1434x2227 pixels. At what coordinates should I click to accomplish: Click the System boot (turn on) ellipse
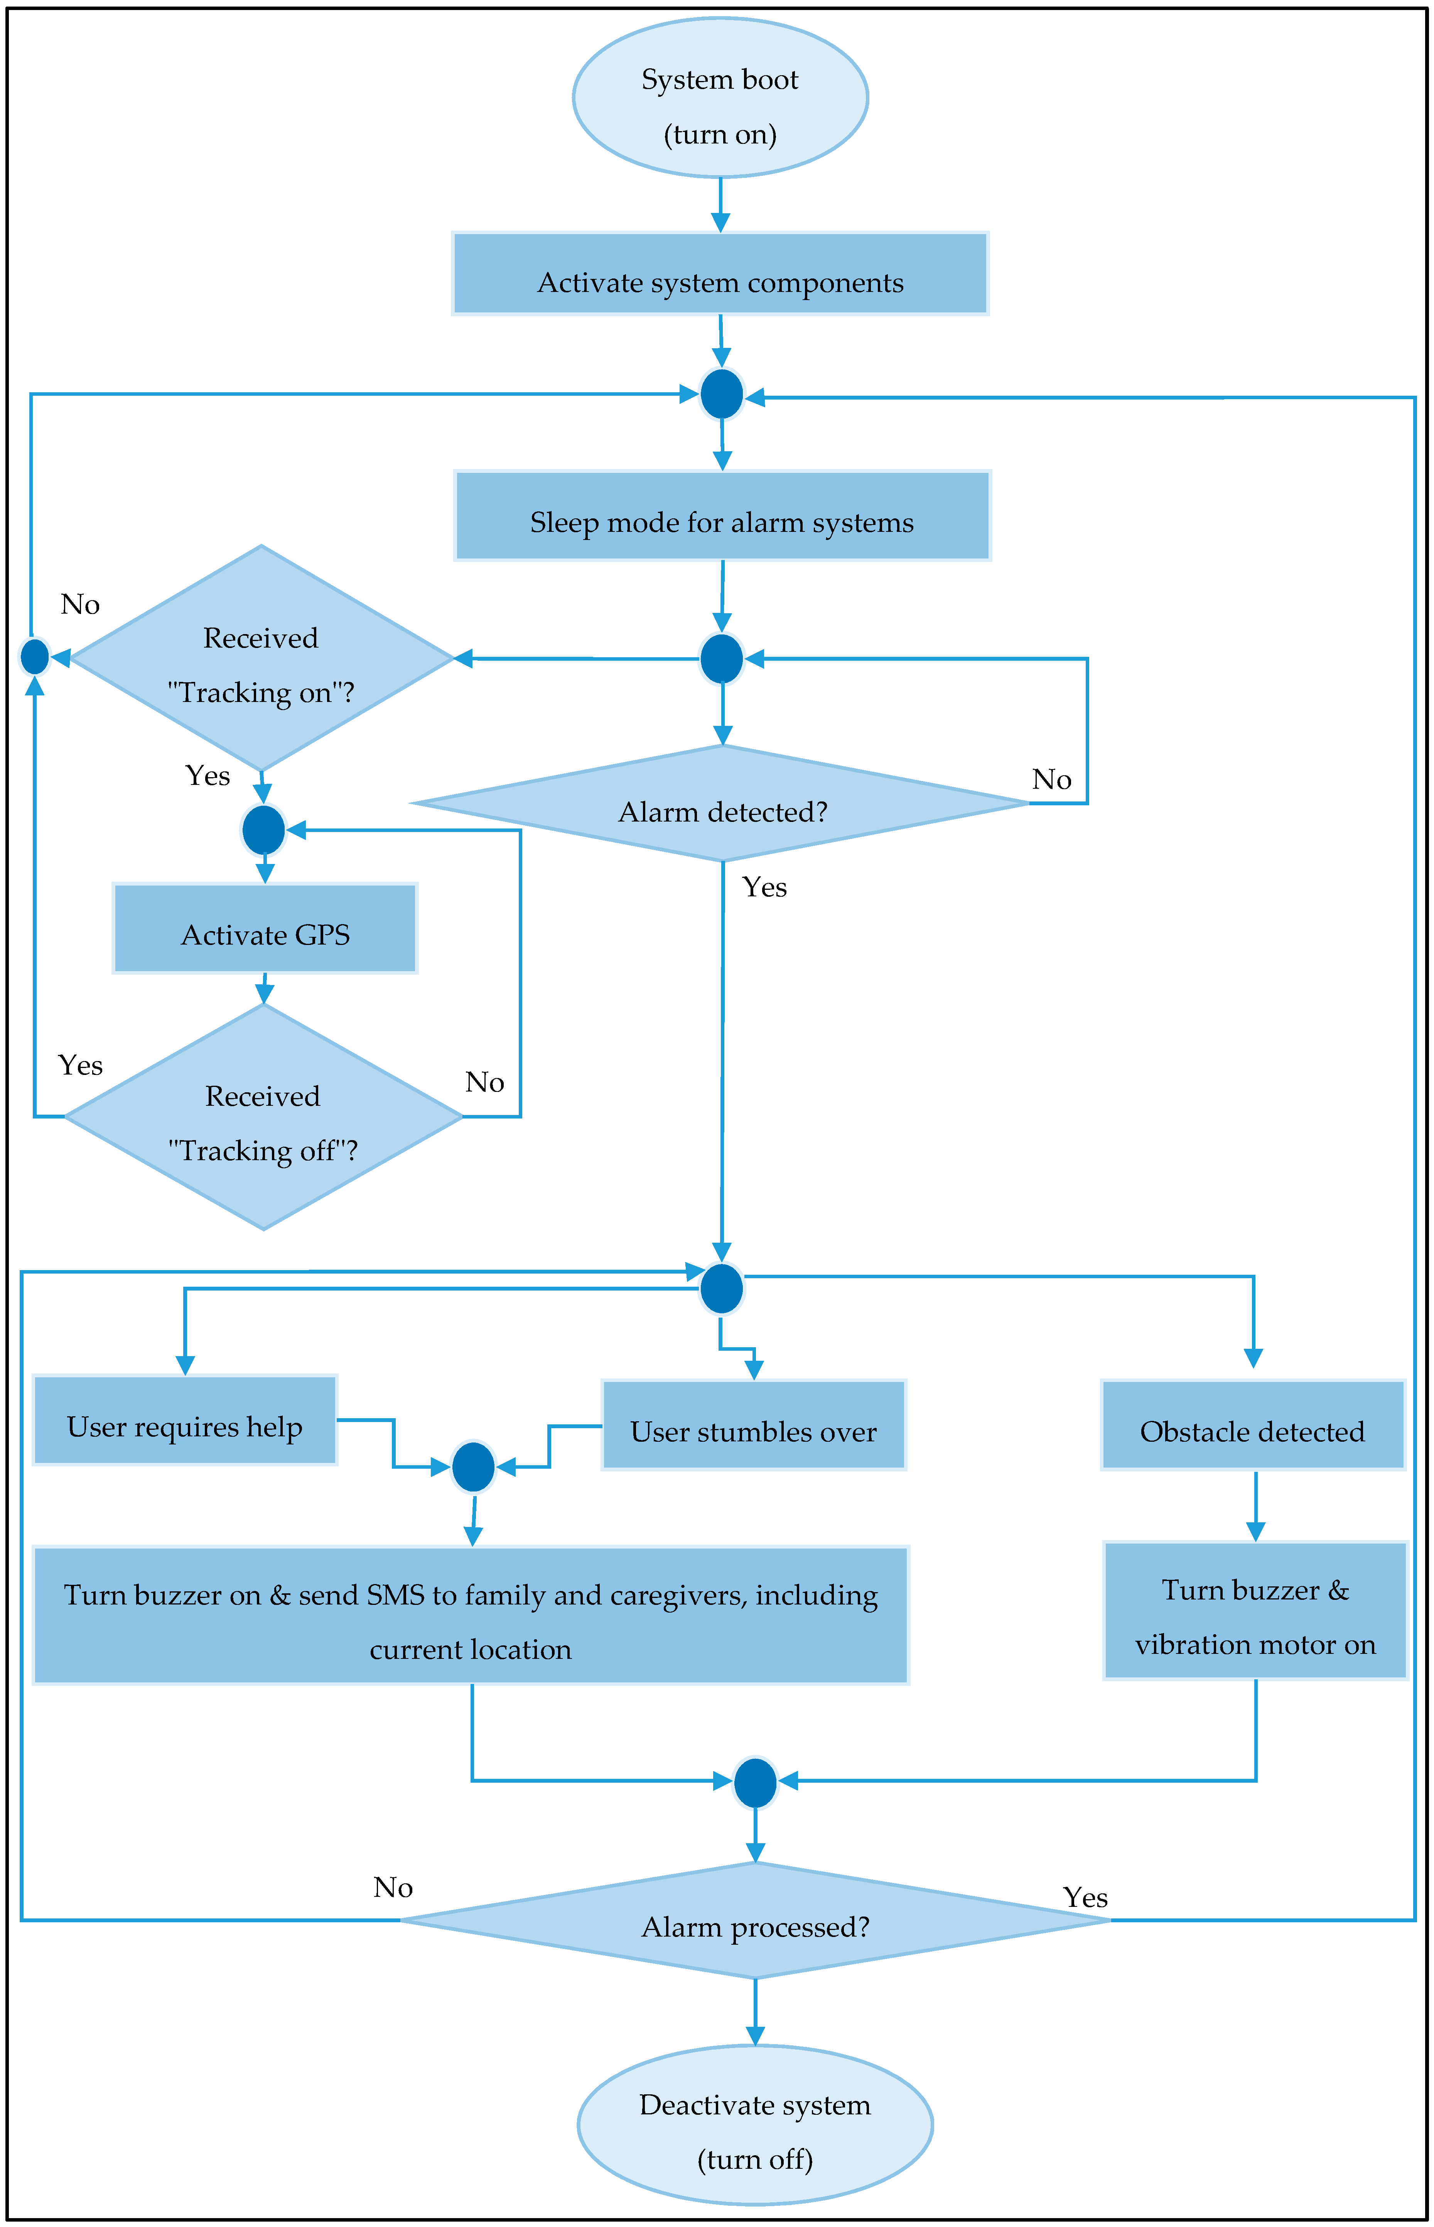720,98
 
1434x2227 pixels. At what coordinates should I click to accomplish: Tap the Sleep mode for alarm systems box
722,516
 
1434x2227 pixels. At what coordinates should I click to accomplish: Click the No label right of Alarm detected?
1051,779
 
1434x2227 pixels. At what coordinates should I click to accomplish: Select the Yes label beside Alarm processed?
1085,1897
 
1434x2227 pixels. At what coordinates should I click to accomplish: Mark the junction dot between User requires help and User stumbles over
473,1467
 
